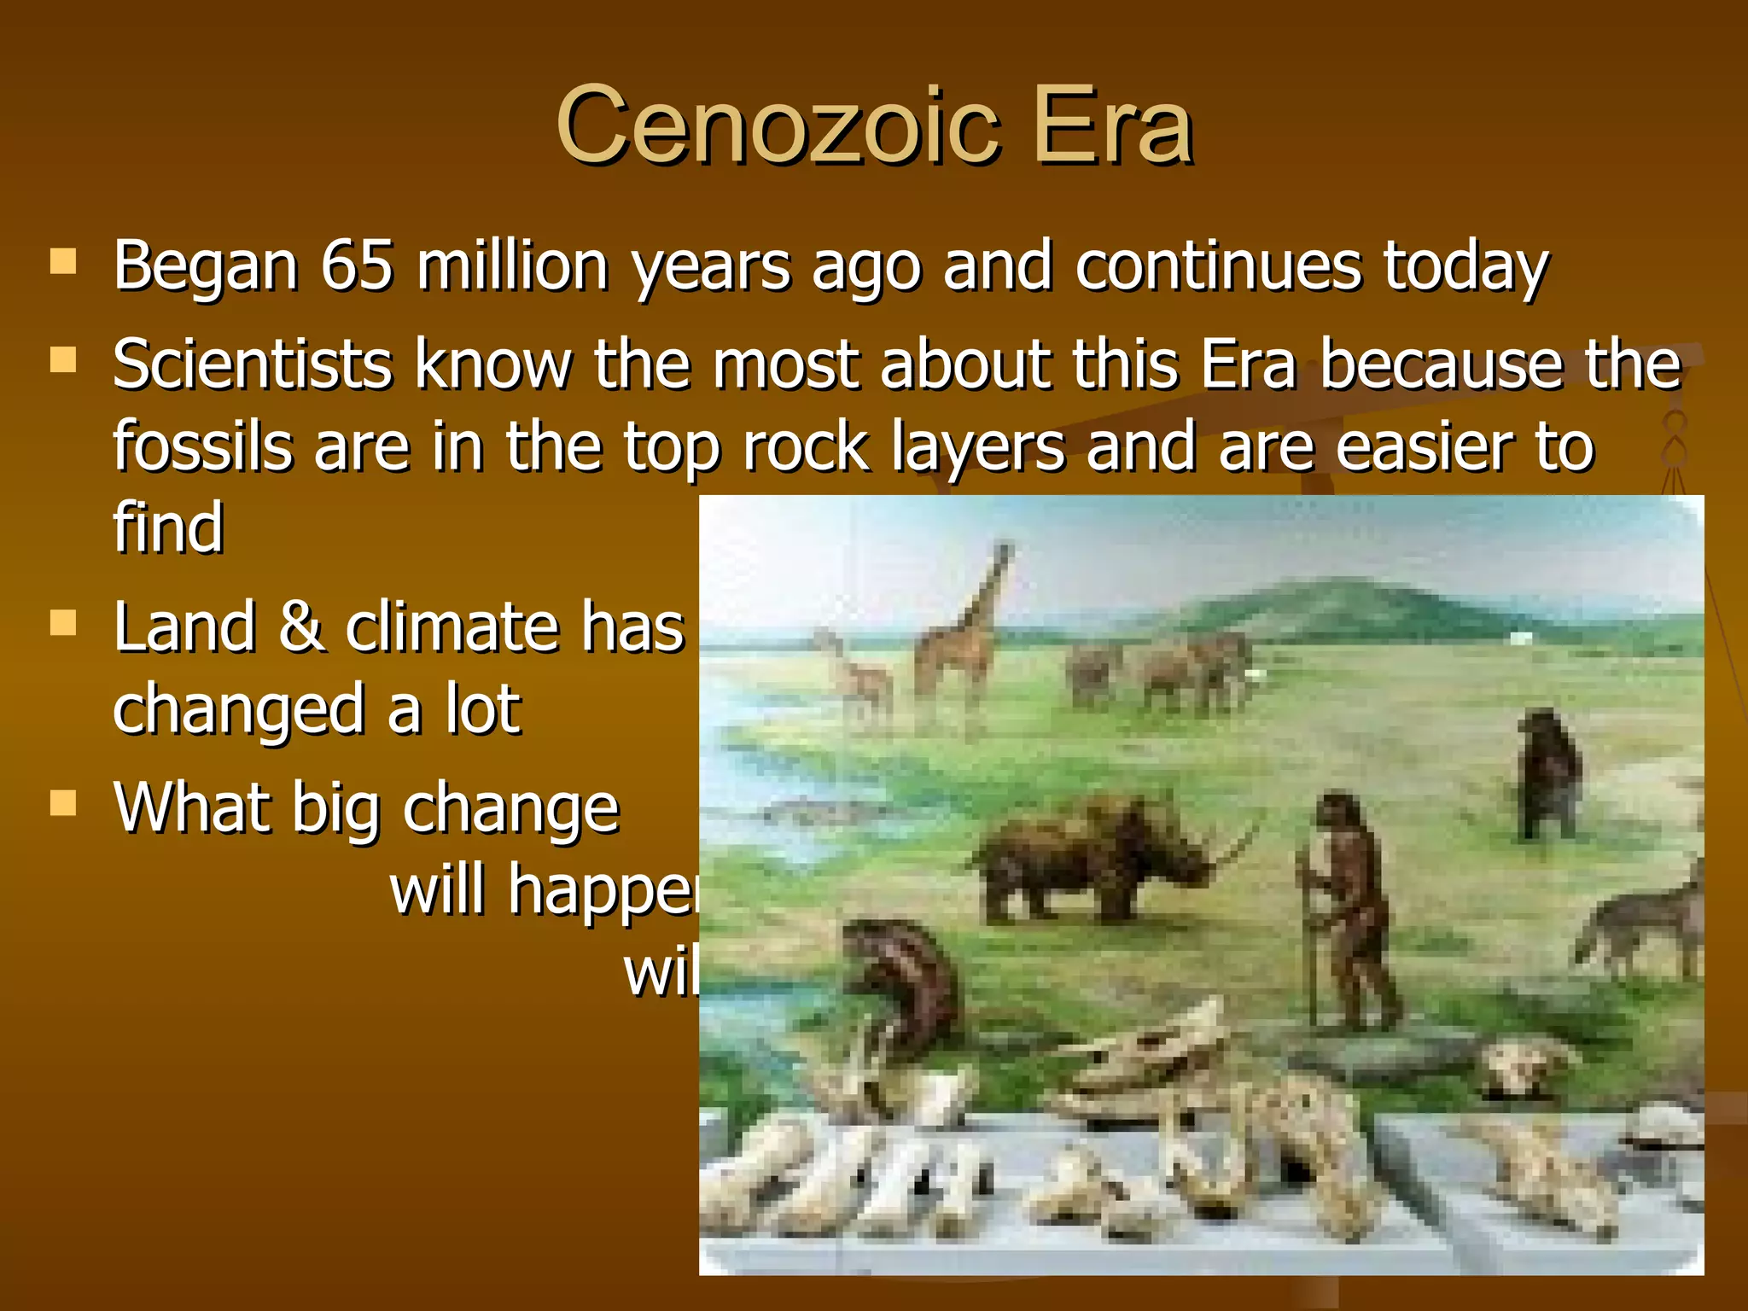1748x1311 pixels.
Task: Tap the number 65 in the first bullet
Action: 357,265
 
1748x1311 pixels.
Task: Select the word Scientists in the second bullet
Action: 253,365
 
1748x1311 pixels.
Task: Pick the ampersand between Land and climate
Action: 300,627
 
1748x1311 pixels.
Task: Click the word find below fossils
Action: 168,528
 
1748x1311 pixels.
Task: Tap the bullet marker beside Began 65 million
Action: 63,261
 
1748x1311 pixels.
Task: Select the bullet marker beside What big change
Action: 63,803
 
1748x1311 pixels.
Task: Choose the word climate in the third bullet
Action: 452,627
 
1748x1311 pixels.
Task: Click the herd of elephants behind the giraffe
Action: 1161,670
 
